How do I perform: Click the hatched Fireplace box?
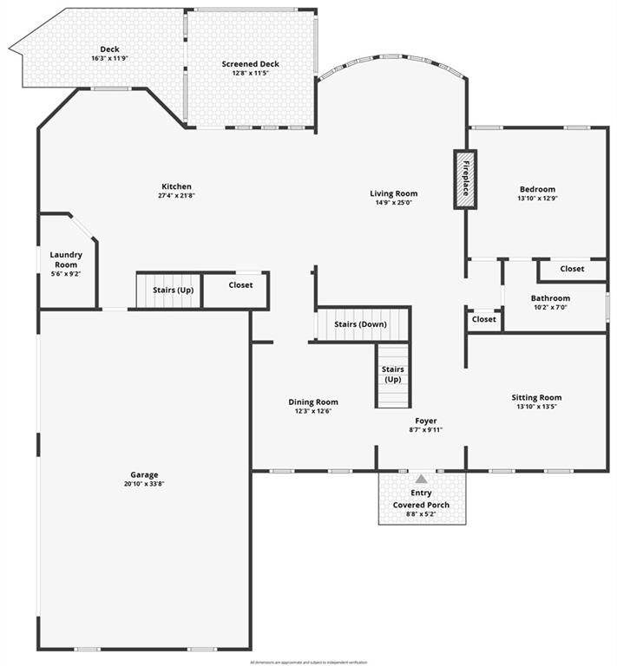click(465, 180)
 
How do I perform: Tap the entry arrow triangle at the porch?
click(421, 479)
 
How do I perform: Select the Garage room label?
click(144, 474)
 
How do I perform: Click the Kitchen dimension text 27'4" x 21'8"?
click(176, 196)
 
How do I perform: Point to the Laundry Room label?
click(66, 259)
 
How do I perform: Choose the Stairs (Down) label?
click(360, 324)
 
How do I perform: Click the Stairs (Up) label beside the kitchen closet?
click(173, 290)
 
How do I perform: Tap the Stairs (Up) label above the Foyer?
click(393, 375)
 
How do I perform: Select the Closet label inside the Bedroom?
click(572, 269)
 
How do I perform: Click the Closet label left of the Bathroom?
click(483, 319)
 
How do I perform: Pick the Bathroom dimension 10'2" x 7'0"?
click(551, 308)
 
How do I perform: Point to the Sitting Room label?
click(536, 397)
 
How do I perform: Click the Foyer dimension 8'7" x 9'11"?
click(425, 430)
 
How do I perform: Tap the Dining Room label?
click(313, 402)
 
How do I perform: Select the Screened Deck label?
click(250, 63)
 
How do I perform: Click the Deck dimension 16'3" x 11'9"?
click(109, 59)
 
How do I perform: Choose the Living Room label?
click(394, 193)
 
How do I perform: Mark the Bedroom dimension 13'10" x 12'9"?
click(537, 199)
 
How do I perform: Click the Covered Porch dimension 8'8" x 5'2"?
click(421, 514)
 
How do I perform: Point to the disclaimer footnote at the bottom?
click(308, 662)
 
